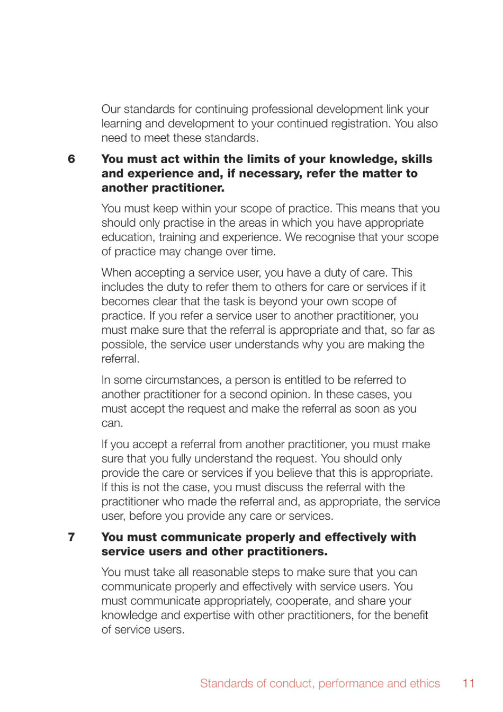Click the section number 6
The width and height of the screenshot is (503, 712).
tap(71, 159)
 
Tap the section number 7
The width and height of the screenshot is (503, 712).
tap(71, 537)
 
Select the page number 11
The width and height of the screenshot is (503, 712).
tap(468, 683)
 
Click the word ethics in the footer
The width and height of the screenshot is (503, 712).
tap(425, 683)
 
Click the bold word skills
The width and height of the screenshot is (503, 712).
tap(417, 159)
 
